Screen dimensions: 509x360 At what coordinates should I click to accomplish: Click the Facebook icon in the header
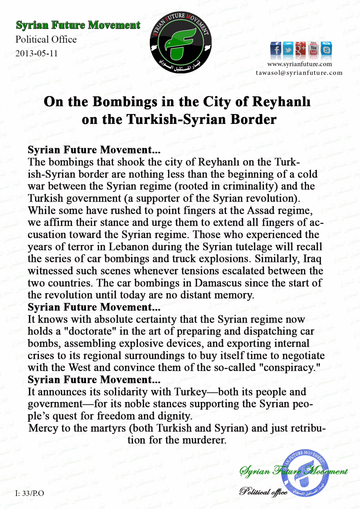275,49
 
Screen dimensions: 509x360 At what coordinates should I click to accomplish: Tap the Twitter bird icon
288,49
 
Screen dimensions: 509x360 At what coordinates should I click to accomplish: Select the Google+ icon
301,49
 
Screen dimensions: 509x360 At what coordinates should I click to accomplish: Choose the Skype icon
326,49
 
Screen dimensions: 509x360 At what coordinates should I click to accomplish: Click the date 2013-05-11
36,53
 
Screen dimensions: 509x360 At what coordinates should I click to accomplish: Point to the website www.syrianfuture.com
299,64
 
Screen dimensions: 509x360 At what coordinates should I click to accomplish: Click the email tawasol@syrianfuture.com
299,73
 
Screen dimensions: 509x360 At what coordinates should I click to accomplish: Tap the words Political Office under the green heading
46,39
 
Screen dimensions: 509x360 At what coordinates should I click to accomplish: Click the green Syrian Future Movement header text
78,25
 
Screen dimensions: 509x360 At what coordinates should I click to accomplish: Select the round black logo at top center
181,43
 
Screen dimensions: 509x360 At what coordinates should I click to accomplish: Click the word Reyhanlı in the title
281,102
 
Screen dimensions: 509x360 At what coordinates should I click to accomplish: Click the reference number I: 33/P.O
30,493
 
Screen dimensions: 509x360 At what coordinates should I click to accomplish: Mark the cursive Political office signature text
263,492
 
